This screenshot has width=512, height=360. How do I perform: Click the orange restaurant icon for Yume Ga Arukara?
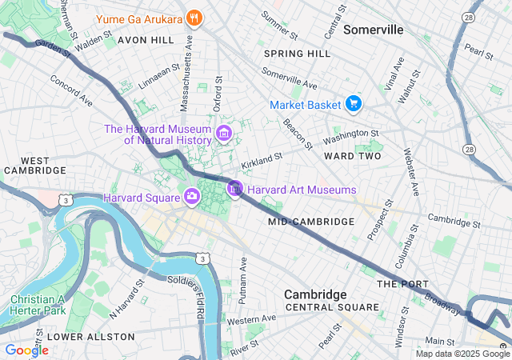click(x=193, y=18)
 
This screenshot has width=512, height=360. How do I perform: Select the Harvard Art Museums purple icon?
click(x=235, y=190)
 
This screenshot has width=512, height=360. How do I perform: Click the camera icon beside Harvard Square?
click(x=192, y=197)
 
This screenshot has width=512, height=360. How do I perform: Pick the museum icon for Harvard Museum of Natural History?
click(x=224, y=133)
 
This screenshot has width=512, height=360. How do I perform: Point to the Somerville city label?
click(x=373, y=30)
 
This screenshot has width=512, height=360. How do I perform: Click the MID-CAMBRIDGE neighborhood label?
click(x=311, y=221)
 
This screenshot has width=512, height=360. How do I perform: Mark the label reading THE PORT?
click(x=403, y=284)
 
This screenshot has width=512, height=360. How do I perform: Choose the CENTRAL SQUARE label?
click(x=332, y=307)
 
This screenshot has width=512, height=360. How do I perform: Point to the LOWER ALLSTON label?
click(x=82, y=337)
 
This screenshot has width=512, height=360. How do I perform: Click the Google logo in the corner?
click(x=26, y=350)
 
